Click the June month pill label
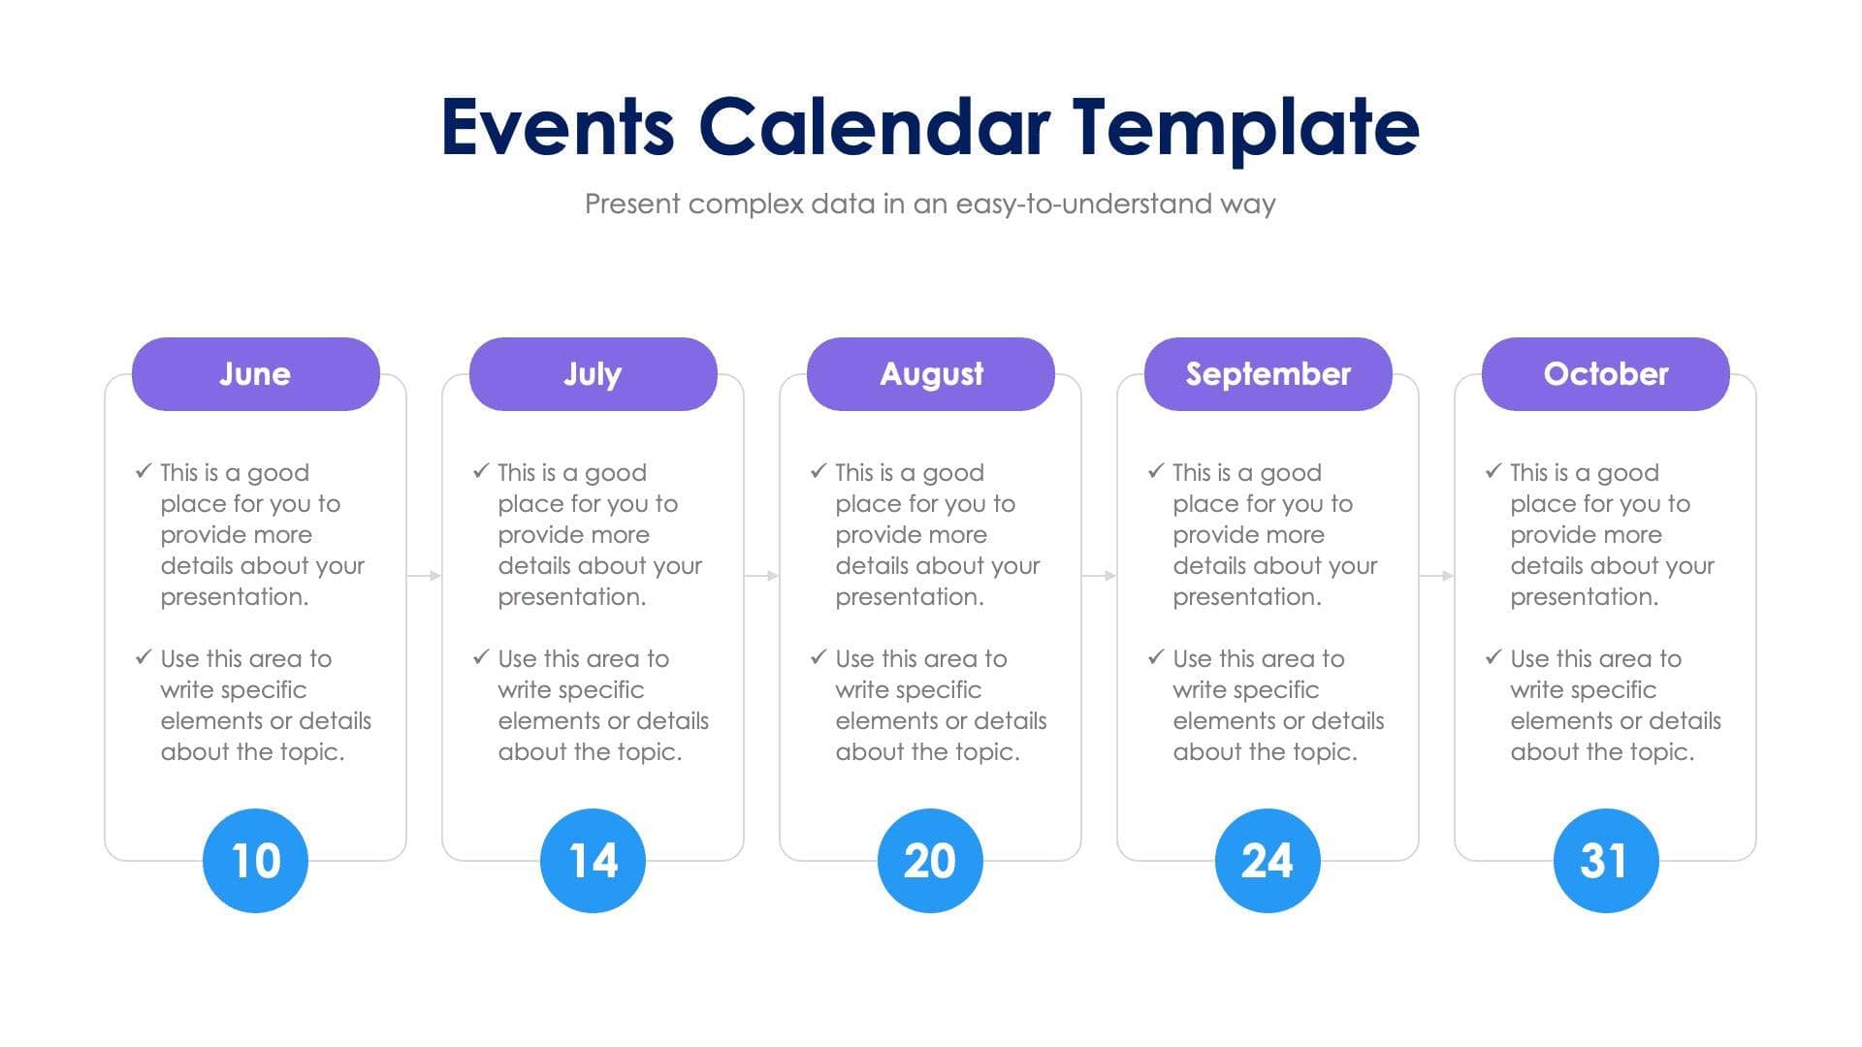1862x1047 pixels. click(255, 374)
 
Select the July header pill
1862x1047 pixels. click(593, 374)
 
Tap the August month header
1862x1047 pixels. click(930, 374)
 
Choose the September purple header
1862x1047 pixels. click(1268, 374)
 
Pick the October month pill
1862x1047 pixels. click(1605, 374)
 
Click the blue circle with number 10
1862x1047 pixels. click(255, 860)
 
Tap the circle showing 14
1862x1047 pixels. click(593, 860)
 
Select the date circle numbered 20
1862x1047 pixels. click(930, 860)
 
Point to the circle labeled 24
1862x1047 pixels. click(1268, 860)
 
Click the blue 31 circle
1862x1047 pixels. click(1605, 860)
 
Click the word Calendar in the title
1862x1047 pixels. click(874, 127)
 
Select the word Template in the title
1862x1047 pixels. click(1245, 127)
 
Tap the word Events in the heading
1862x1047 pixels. click(558, 127)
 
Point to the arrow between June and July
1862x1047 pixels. click(424, 576)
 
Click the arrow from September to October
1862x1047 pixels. click(1436, 576)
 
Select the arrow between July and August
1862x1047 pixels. click(761, 576)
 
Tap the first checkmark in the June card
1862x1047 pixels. click(144, 471)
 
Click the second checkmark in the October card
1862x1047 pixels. click(1493, 657)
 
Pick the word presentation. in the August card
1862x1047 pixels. click(909, 597)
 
